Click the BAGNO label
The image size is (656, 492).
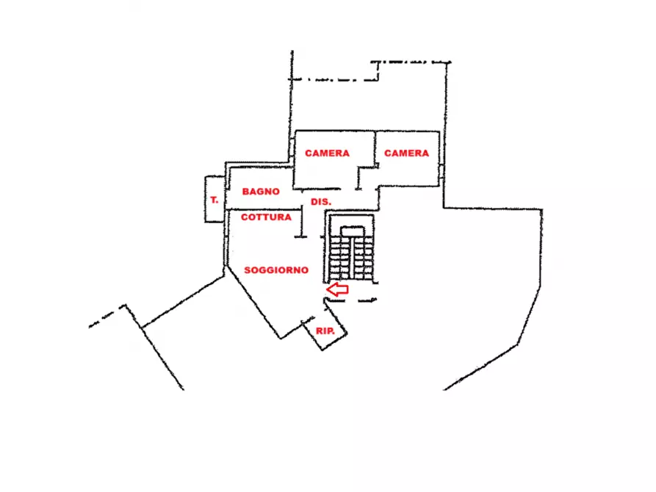point(261,192)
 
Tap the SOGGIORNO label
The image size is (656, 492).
point(276,270)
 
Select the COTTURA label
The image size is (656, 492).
point(266,217)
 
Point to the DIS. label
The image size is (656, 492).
point(321,202)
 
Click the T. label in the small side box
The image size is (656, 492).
point(215,200)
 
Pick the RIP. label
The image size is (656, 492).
point(325,331)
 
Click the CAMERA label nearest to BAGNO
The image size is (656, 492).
point(327,153)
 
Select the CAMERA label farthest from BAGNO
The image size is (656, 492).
point(407,153)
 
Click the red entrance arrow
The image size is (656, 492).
point(337,289)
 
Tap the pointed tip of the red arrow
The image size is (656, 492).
point(327,289)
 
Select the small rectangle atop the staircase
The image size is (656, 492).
point(353,231)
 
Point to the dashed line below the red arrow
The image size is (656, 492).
point(351,300)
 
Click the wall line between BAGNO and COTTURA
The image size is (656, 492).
point(264,209)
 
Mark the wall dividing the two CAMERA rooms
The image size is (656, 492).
point(375,149)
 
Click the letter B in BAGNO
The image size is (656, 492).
point(245,192)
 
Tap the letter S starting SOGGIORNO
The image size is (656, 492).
point(248,270)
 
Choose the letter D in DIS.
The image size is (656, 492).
point(314,202)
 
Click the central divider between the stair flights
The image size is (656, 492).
point(353,258)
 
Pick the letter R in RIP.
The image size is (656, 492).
point(319,331)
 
